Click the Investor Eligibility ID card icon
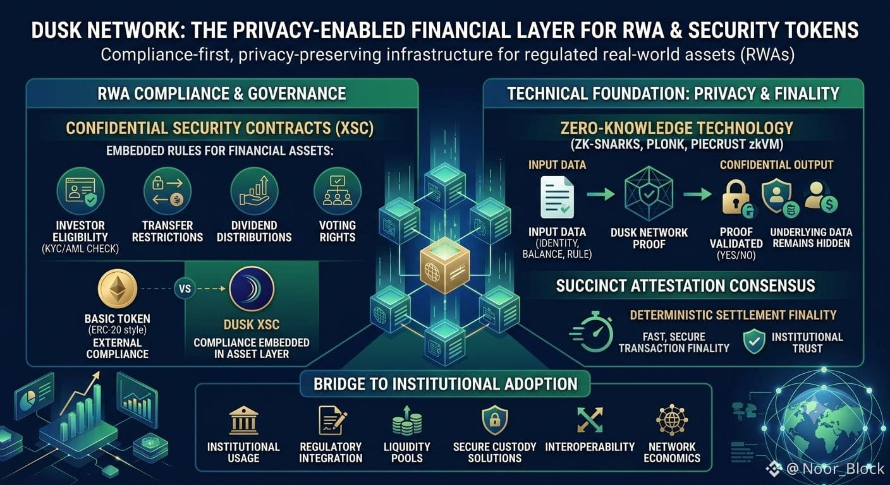click(x=80, y=191)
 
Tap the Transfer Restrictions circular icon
click(x=168, y=191)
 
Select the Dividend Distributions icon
click(x=254, y=191)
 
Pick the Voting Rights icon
click(x=338, y=191)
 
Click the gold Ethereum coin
click(x=117, y=289)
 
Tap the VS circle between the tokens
click(x=185, y=289)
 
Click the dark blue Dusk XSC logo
click(x=252, y=289)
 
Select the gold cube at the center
click(x=445, y=267)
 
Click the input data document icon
click(x=558, y=197)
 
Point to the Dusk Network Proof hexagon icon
click(x=649, y=194)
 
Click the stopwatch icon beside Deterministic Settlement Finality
click(x=592, y=332)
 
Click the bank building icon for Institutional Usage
click(x=243, y=421)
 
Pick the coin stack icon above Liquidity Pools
click(x=407, y=421)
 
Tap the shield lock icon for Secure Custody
click(x=495, y=421)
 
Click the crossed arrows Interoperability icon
click(x=590, y=420)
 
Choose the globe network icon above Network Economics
click(x=672, y=420)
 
